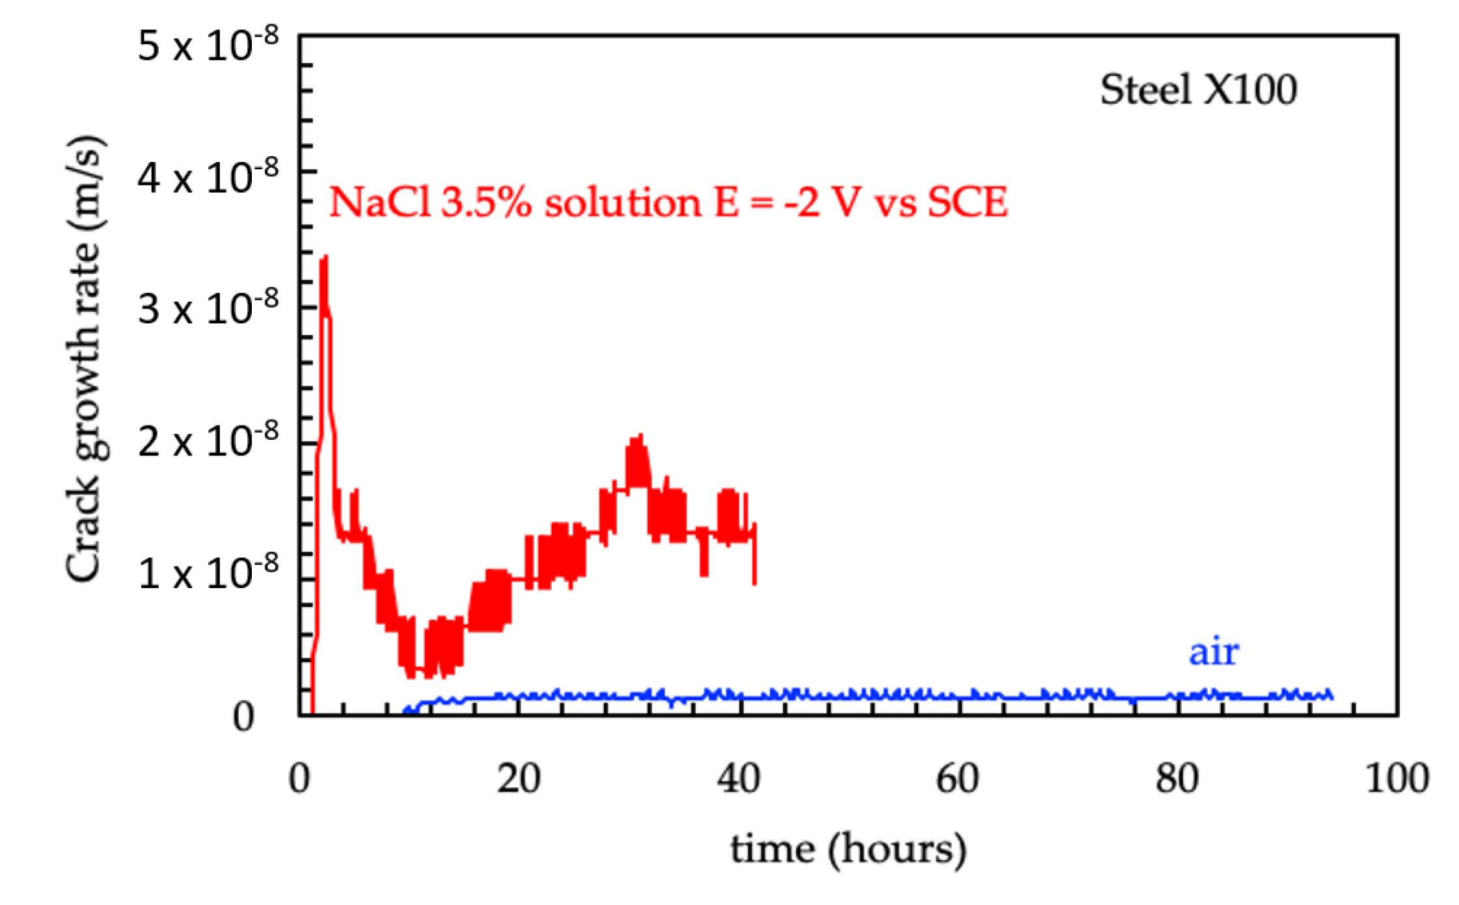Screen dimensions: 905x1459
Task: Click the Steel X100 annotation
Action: pos(1198,90)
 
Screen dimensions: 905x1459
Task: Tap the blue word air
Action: pos(1213,651)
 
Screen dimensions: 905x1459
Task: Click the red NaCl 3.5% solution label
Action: pos(668,202)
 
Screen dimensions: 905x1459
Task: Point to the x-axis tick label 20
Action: pos(519,778)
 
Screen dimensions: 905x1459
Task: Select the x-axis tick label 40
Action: pos(739,778)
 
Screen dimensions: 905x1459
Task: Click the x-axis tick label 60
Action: pos(957,778)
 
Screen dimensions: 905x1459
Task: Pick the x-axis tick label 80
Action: pos(1177,778)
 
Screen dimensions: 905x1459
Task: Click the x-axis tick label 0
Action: pos(299,778)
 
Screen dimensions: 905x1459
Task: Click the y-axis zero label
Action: pos(243,717)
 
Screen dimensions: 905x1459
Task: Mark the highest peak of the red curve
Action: pos(324,258)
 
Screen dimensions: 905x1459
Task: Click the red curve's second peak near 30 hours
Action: pos(640,436)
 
